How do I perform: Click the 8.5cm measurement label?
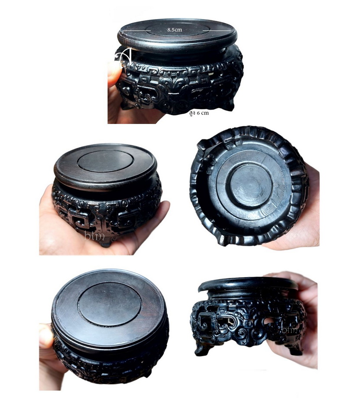175,29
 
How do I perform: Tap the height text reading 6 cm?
203,113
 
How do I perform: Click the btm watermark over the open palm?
94,236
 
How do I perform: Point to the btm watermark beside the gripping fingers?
289,330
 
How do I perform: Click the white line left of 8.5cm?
137,31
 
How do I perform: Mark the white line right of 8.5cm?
217,31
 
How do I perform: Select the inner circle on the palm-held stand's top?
106,162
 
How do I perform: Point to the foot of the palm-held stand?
106,243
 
